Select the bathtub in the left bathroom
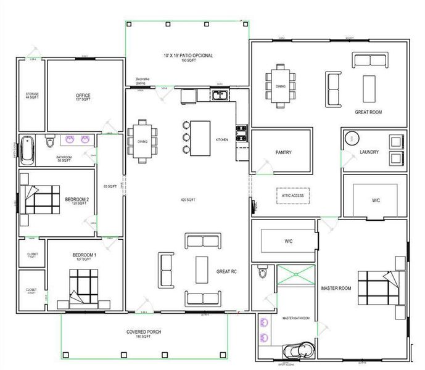pyautogui.click(x=27, y=150)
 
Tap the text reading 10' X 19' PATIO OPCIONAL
pyautogui.click(x=188, y=57)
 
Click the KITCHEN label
pyautogui.click(x=221, y=140)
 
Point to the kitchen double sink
pyautogui.click(x=220, y=96)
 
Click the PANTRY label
pyautogui.click(x=283, y=152)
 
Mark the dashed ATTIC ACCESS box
pyautogui.click(x=293, y=195)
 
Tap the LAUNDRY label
pyautogui.click(x=369, y=152)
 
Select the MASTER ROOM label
pyautogui.click(x=336, y=288)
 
